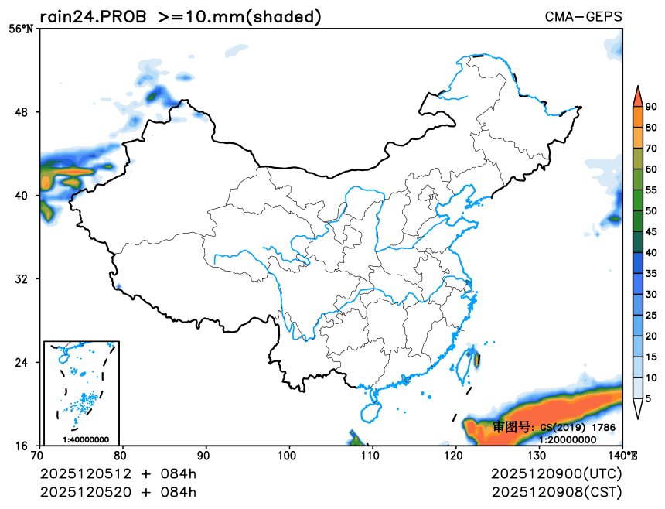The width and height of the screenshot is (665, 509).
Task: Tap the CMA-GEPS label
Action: point(583,17)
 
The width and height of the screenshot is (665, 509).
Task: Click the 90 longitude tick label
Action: point(206,456)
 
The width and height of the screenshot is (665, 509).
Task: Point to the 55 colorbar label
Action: point(652,190)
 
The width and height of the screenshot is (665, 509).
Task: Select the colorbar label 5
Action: point(649,398)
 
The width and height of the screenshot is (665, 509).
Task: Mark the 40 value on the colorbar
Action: point(652,252)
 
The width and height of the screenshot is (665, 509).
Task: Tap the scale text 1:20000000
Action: point(568,439)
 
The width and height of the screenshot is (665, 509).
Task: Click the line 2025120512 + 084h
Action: point(118,473)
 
